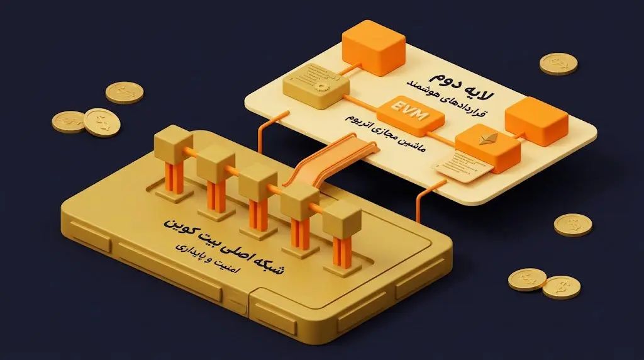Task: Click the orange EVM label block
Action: (410, 116)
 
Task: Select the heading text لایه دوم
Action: (462, 85)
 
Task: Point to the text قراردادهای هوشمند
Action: (446, 99)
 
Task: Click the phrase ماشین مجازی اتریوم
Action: (386, 133)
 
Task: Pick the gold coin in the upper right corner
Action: (558, 64)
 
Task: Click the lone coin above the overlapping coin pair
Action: (125, 93)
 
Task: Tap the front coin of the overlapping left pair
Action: (103, 122)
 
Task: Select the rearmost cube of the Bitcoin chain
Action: (174, 144)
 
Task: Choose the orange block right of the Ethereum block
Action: (536, 121)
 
